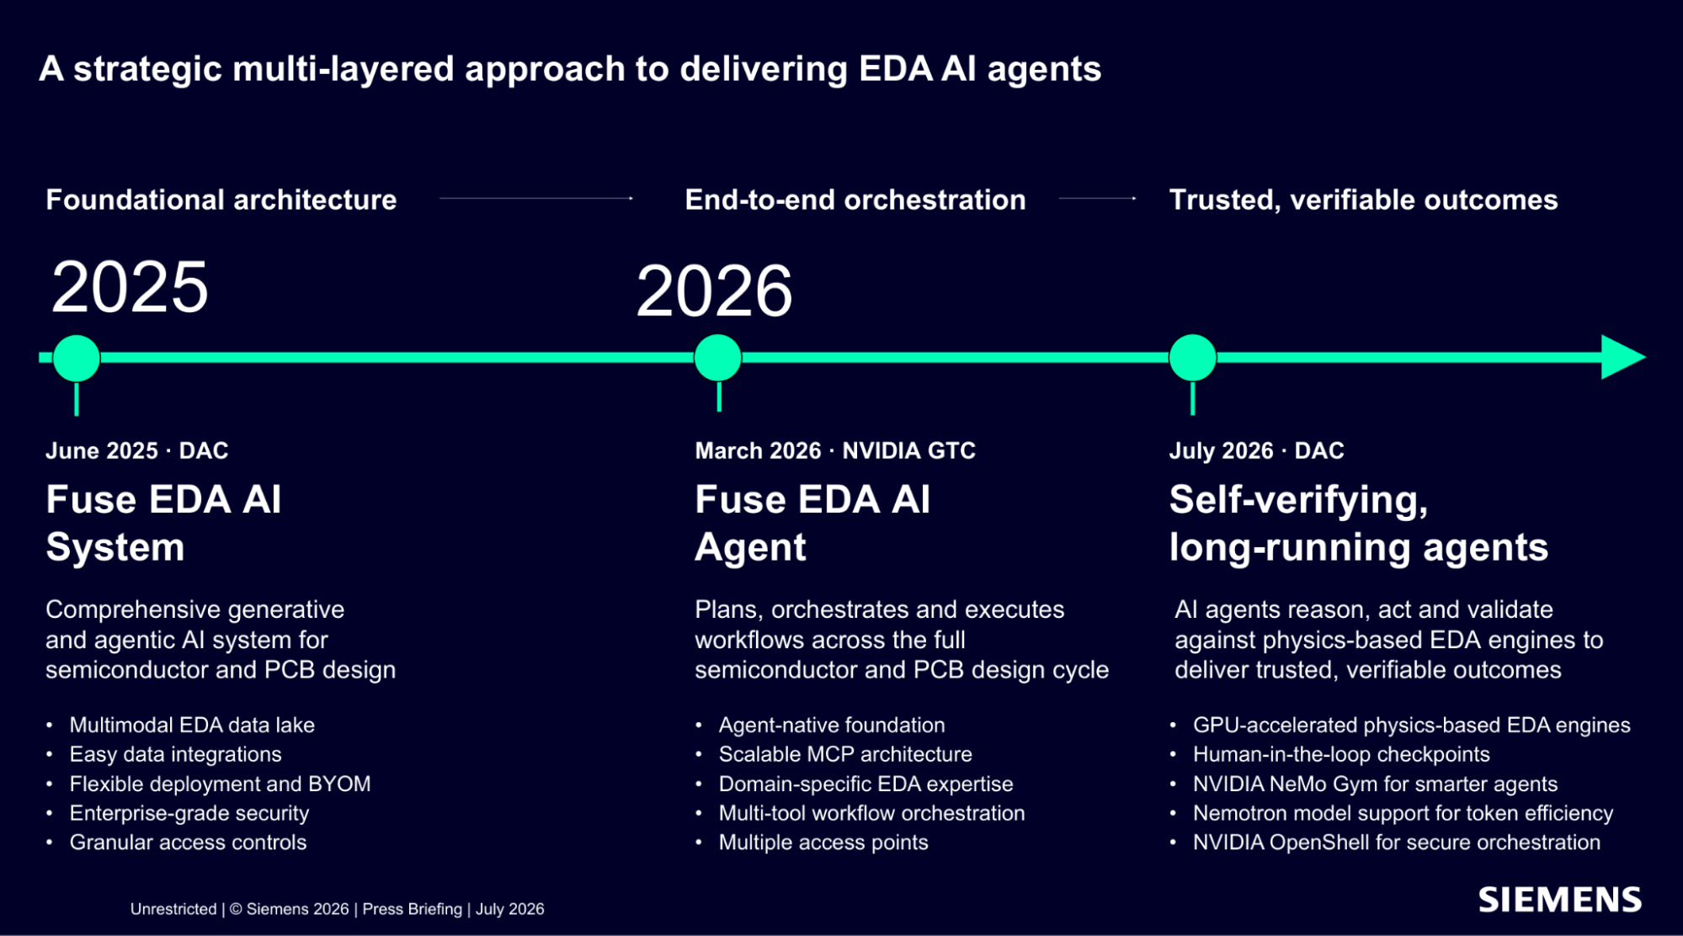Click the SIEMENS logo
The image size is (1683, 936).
coord(1559,900)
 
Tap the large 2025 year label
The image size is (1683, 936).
coord(130,287)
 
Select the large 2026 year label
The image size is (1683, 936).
coord(714,291)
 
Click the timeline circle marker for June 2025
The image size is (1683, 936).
coord(77,358)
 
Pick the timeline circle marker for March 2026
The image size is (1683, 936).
coord(718,358)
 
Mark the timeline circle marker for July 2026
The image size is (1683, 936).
coord(1193,358)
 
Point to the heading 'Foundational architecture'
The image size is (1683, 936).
coord(221,199)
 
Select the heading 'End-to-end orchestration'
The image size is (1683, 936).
coord(855,199)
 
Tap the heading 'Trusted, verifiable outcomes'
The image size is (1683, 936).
coord(1363,199)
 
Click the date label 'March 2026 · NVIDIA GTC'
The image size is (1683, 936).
coord(835,450)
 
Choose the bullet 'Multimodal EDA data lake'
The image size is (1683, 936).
coord(192,725)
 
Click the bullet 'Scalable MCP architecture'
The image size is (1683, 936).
coord(845,754)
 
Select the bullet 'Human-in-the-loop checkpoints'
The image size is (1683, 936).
coord(1341,754)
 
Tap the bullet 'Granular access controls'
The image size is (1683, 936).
coord(188,843)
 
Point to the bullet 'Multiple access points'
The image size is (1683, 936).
coord(823,843)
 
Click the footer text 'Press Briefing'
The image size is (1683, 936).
coord(412,909)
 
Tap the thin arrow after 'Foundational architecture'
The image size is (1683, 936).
coord(536,199)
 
